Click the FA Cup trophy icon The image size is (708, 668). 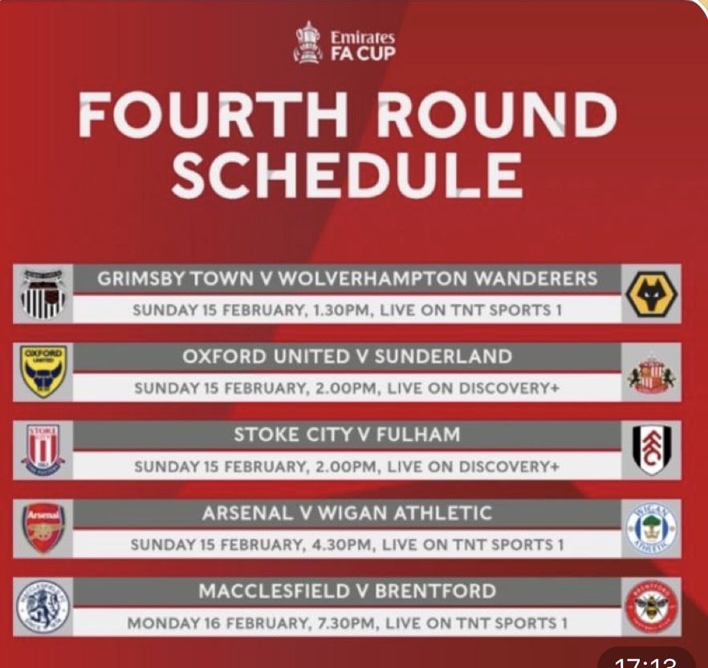point(308,43)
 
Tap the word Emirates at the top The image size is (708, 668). point(363,37)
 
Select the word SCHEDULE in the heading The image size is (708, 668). point(347,175)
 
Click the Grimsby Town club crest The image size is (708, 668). point(43,294)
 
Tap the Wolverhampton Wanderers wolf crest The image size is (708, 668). point(651,294)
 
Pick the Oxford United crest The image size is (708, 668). point(43,371)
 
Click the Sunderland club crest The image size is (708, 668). point(651,373)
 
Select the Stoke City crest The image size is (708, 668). point(43,450)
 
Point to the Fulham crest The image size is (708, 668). point(652,450)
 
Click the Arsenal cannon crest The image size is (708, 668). point(43,528)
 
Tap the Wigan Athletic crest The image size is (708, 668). point(651,528)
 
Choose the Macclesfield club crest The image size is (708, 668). point(43,606)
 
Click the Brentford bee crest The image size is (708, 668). point(651,607)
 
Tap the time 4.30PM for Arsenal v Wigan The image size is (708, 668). point(343,545)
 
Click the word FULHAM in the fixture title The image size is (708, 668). point(418,435)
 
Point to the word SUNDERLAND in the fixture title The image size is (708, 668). point(443,356)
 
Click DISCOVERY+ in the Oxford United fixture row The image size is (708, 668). point(509,388)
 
